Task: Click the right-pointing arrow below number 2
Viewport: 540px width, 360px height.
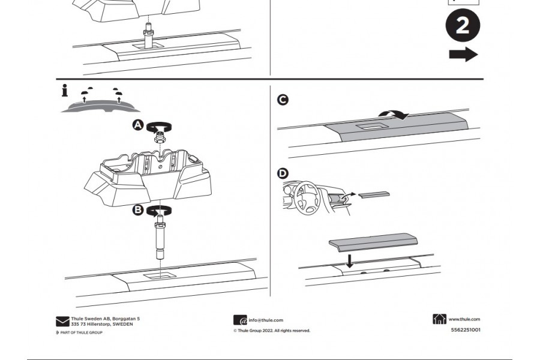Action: coord(463,55)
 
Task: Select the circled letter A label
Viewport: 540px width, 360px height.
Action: coord(137,125)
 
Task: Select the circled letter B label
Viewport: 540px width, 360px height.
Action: coord(137,210)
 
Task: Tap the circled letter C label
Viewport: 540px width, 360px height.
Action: coord(283,100)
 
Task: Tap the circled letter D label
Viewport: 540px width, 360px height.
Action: coord(283,174)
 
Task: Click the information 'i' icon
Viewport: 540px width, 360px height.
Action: coord(65,91)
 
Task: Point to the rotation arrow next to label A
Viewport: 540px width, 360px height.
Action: coord(160,127)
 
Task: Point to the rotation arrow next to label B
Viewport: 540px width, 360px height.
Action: coord(160,211)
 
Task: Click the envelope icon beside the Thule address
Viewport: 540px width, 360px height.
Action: coord(62,321)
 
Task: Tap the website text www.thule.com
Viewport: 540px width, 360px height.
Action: coord(464,320)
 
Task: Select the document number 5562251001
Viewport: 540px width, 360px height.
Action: coord(466,329)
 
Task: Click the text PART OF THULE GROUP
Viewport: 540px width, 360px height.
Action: coord(81,332)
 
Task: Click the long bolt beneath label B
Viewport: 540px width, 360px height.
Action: coord(160,240)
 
